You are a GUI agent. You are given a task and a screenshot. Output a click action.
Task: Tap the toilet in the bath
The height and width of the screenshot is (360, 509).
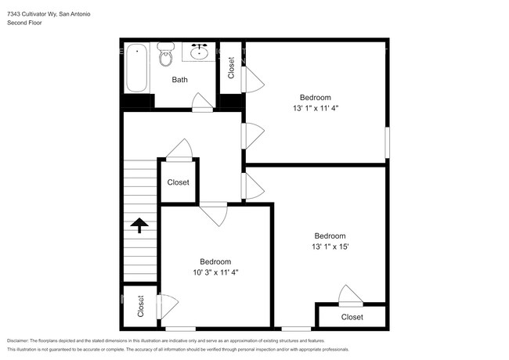click(x=166, y=55)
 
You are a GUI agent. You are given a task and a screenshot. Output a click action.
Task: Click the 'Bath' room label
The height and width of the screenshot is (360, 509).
click(x=180, y=80)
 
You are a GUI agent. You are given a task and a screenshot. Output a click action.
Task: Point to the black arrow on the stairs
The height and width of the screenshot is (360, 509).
click(x=139, y=225)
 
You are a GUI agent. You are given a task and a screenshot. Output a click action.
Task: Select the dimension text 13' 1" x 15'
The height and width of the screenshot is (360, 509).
click(x=330, y=247)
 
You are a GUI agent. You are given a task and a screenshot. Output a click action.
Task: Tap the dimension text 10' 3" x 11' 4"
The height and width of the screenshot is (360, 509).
click(x=215, y=272)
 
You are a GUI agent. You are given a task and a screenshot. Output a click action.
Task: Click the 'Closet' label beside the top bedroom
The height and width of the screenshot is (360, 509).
click(x=232, y=69)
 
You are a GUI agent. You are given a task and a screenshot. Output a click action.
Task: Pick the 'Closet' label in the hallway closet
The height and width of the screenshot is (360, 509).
click(x=179, y=182)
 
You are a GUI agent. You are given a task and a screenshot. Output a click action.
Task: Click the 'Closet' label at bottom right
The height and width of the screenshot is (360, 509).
click(x=352, y=317)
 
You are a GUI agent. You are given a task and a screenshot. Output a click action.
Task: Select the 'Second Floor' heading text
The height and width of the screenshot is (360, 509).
click(x=25, y=23)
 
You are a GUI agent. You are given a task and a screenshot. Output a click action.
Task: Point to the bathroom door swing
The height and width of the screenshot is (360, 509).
click(x=200, y=102)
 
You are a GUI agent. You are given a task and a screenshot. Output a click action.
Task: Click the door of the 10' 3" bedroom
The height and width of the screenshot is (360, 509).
click(x=214, y=213)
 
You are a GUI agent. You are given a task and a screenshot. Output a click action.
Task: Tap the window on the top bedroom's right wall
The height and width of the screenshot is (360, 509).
click(x=386, y=145)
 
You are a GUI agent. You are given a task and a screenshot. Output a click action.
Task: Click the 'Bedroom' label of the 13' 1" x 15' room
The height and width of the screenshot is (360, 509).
click(x=330, y=236)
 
